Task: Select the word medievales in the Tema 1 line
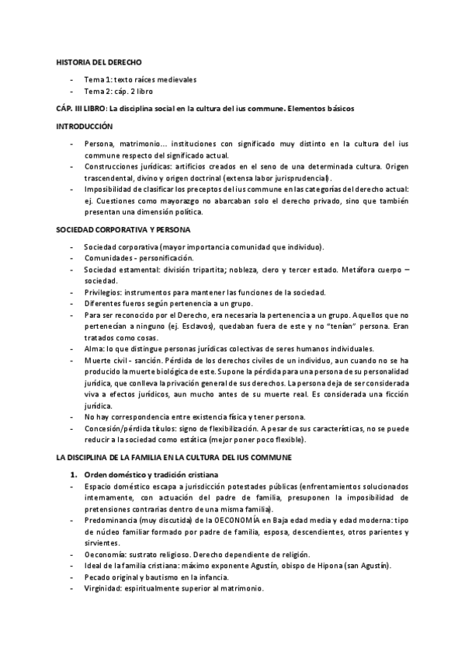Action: click(x=175, y=79)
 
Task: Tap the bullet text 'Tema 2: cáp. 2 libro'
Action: click(x=120, y=92)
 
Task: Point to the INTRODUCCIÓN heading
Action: click(x=85, y=126)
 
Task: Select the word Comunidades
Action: click(x=111, y=257)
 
